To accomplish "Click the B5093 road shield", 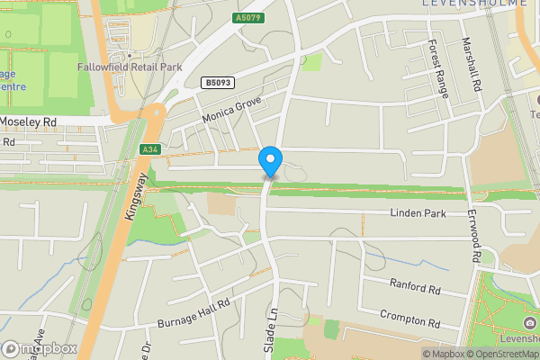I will (216, 83).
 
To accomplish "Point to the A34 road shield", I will (150, 149).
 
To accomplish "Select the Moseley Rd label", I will (28, 121).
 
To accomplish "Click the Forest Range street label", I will (438, 67).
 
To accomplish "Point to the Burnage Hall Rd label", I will (195, 310).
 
